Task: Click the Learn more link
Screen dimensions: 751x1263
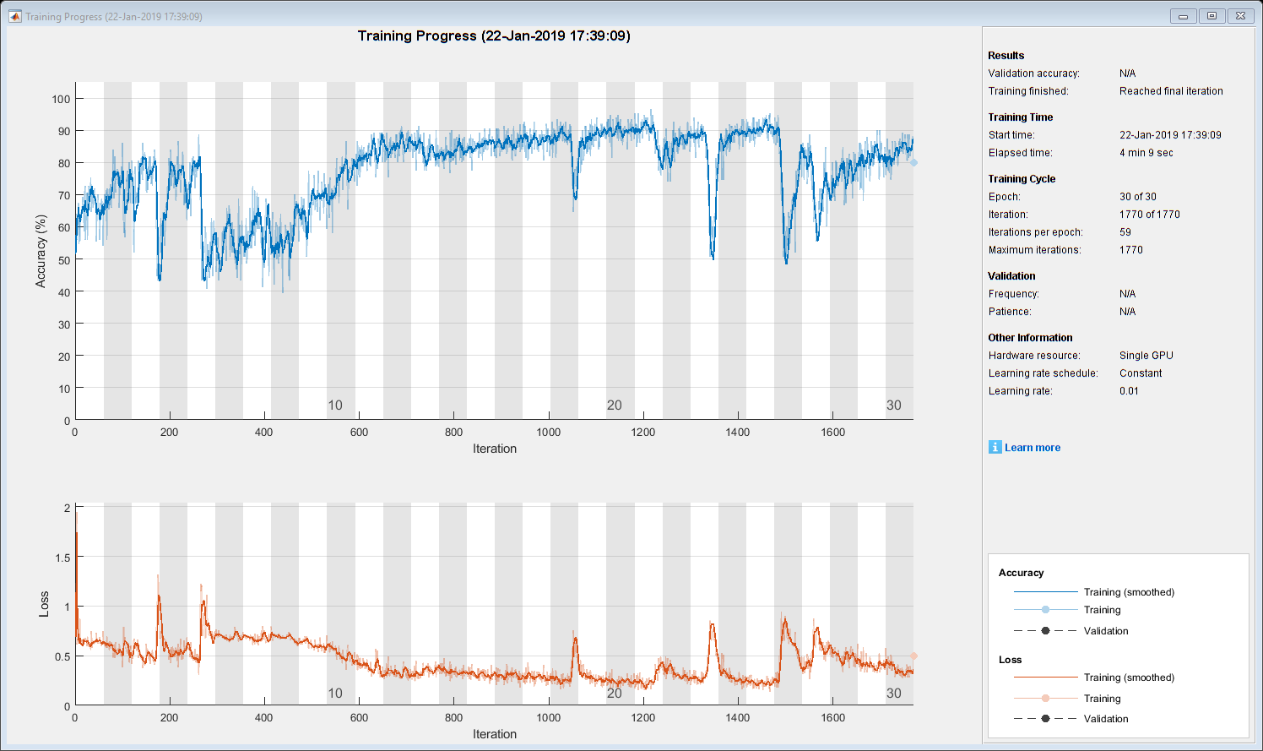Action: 1032,448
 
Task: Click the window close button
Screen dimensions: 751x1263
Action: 1239,16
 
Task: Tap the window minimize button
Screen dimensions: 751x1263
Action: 1183,16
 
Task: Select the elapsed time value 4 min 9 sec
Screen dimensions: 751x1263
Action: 1146,153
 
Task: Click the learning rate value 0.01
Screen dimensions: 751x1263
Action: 1129,391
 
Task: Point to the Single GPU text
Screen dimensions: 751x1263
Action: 1146,356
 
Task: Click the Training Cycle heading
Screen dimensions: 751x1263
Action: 1022,179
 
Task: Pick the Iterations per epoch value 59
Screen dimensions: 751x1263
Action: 1125,232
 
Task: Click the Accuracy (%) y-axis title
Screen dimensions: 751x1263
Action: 41,252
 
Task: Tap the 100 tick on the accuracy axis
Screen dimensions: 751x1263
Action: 62,99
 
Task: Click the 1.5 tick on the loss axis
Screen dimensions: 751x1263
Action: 62,558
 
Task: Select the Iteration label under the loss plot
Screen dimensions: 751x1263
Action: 495,734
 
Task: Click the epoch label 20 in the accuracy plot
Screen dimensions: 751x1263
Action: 615,405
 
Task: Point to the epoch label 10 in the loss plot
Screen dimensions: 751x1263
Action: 335,694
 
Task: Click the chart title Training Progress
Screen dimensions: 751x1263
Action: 494,35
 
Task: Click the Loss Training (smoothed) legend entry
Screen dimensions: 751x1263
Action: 1129,678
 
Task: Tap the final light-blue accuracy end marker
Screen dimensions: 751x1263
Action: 913,162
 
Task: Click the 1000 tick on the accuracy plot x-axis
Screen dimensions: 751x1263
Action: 549,433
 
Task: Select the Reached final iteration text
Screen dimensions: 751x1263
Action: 1171,91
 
